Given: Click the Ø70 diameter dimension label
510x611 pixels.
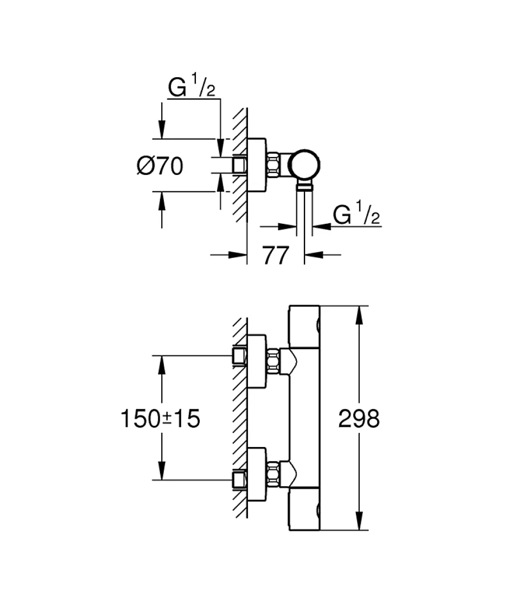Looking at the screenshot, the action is click(160, 166).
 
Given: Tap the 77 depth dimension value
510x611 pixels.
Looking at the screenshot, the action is click(276, 256).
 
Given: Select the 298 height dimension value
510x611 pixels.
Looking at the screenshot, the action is click(359, 419).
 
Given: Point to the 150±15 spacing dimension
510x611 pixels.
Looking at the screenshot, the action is click(161, 419).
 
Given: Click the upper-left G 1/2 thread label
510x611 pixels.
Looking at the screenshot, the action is click(192, 87).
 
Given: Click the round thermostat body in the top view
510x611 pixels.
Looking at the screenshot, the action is click(305, 165).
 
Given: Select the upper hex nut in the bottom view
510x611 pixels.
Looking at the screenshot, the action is click(273, 361).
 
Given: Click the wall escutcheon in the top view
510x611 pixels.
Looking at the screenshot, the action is click(257, 165).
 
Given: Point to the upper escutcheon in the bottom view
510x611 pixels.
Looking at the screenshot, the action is click(257, 361).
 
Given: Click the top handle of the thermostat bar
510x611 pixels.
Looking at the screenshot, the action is click(304, 326).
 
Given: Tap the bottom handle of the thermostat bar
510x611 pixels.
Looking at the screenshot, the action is click(304, 509).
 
